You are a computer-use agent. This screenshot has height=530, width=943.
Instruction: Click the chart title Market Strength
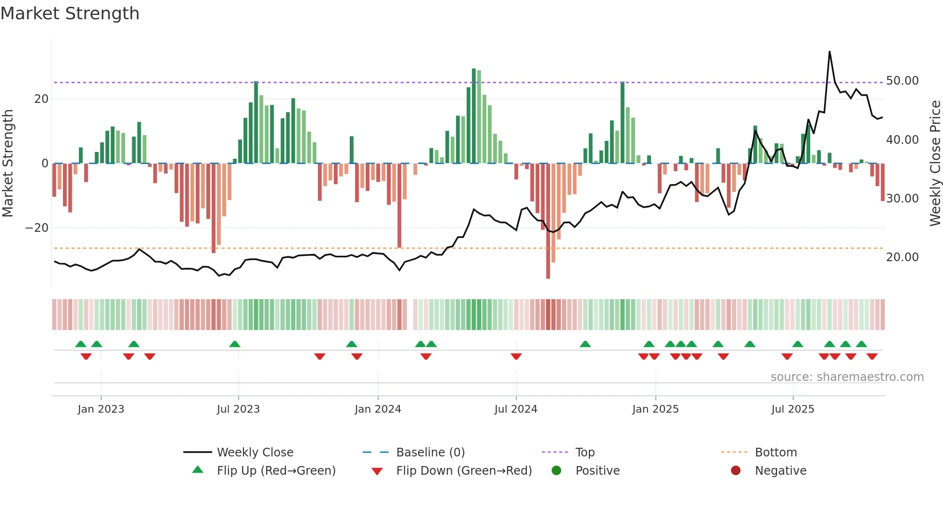pyautogui.click(x=70, y=13)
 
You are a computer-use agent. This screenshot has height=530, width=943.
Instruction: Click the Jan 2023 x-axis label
pyautogui.click(x=101, y=409)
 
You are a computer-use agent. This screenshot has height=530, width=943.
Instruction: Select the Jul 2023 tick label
pyautogui.click(x=238, y=409)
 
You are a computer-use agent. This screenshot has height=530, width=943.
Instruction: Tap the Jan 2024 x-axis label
pyautogui.click(x=378, y=409)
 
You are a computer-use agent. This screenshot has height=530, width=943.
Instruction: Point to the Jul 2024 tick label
pyautogui.click(x=516, y=409)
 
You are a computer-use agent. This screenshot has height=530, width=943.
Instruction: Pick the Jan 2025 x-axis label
pyautogui.click(x=655, y=409)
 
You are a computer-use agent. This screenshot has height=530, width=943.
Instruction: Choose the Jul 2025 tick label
pyautogui.click(x=792, y=409)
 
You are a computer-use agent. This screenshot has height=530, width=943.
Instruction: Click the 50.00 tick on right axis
pyautogui.click(x=902, y=81)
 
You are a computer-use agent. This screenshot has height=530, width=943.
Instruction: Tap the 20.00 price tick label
pyautogui.click(x=902, y=257)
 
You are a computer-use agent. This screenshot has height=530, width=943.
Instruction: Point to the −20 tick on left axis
pyautogui.click(x=37, y=228)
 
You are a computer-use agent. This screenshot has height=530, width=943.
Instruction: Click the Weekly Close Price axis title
pyautogui.click(x=935, y=164)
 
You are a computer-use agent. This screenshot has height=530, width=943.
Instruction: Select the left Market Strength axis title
pyautogui.click(x=8, y=164)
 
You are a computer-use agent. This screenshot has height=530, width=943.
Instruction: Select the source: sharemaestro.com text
pyautogui.click(x=847, y=377)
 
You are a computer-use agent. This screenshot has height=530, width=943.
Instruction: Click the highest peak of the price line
pyautogui.click(x=829, y=52)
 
